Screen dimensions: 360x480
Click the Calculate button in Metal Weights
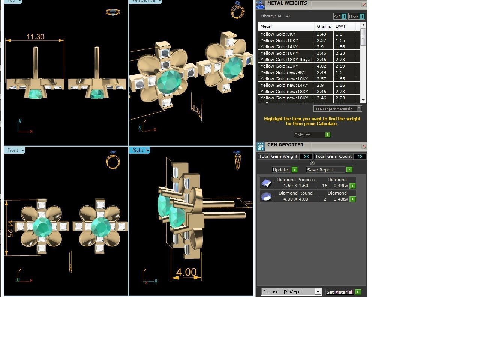(312, 135)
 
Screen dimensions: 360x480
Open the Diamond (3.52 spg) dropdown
(291, 292)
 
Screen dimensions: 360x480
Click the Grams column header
(324, 26)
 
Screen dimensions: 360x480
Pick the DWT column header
(340, 26)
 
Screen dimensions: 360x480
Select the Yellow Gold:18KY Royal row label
(286, 60)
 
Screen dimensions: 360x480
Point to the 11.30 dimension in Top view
(35, 37)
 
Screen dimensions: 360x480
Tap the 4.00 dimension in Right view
(186, 272)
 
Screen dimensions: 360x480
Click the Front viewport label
(13, 150)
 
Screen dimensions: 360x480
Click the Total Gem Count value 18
(360, 156)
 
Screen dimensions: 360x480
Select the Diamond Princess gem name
(295, 180)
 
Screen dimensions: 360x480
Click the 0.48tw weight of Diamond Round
(340, 199)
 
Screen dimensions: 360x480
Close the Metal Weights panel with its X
(364, 5)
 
